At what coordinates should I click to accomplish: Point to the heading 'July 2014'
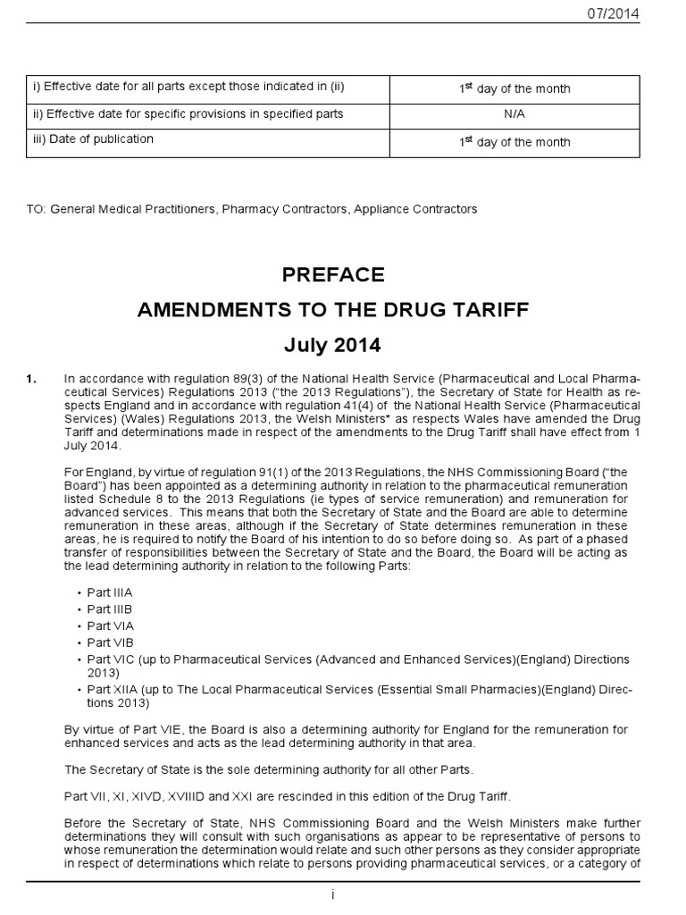click(332, 343)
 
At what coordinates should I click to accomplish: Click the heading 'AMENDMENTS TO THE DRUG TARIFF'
click(332, 309)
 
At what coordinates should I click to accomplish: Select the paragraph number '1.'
click(33, 380)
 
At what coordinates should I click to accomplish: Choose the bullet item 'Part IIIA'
click(110, 592)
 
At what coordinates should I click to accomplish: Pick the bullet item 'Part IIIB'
click(110, 609)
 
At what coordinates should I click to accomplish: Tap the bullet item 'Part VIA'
click(110, 626)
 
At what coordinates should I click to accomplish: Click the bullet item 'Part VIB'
click(110, 642)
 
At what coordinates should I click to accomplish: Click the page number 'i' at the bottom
click(332, 896)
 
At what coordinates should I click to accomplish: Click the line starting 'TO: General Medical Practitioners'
click(252, 209)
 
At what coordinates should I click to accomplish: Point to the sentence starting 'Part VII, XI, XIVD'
click(275, 796)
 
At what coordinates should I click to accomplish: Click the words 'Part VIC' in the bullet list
click(112, 659)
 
